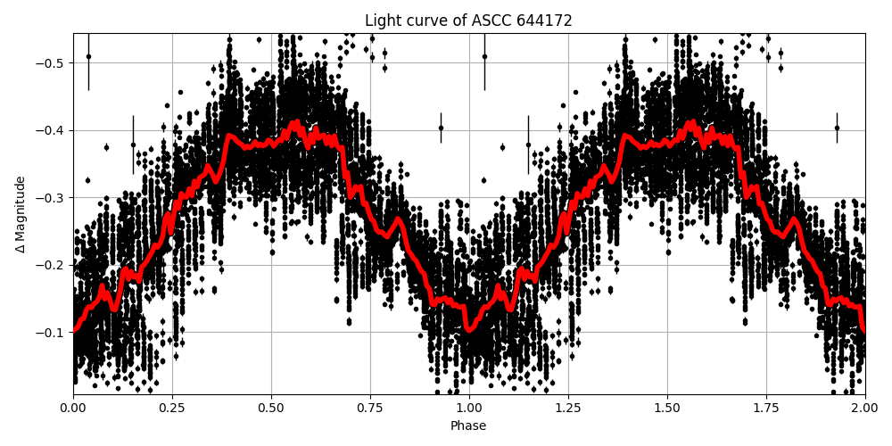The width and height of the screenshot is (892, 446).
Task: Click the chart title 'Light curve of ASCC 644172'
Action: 468,21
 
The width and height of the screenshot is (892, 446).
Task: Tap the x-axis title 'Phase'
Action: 468,426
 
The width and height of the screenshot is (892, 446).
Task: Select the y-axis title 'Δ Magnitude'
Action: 20,214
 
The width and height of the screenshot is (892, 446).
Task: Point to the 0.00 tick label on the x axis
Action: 73,409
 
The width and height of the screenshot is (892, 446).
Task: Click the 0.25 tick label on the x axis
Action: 172,409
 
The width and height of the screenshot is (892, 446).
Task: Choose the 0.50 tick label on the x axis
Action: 271,409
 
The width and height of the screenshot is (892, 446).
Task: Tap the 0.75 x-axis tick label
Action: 370,409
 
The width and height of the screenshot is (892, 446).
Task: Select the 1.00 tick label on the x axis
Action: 469,409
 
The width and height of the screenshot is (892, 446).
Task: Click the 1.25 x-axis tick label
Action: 568,409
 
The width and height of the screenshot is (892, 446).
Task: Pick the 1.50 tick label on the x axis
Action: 667,409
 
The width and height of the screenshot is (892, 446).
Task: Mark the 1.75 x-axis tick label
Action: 766,409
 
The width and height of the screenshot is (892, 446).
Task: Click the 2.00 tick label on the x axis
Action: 865,409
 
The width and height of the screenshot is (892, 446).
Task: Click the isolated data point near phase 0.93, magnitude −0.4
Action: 441,128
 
